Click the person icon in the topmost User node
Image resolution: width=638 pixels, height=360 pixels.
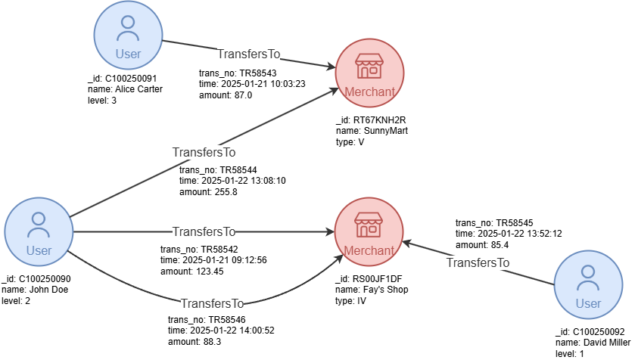(128, 29)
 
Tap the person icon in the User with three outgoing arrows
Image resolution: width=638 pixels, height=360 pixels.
(39, 225)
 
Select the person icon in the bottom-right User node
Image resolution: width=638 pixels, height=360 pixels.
(588, 278)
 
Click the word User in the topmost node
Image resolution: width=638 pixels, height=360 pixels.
(128, 54)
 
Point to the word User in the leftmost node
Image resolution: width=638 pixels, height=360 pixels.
(39, 250)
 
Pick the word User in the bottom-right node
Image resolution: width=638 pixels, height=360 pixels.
(588, 303)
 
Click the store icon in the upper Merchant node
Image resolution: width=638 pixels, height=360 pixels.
(369, 67)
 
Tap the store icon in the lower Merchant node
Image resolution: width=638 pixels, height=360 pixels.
(369, 225)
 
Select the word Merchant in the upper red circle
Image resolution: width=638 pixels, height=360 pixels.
(369, 92)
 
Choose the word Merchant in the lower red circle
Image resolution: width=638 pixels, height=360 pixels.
(369, 250)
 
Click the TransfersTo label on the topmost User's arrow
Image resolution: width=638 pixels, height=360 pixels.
(248, 54)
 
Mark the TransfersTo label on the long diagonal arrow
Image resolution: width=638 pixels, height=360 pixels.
(204, 152)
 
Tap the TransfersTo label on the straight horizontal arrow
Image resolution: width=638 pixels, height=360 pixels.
(204, 231)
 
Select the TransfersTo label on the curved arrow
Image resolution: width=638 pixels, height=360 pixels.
(212, 304)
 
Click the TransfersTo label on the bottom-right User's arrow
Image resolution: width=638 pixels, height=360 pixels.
(478, 263)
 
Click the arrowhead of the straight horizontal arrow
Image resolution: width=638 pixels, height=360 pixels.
(330, 231)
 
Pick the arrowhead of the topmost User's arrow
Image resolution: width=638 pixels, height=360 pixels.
(331, 68)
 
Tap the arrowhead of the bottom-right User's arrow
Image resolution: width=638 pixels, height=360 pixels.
(406, 243)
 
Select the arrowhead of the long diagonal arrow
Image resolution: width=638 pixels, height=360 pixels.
(333, 91)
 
